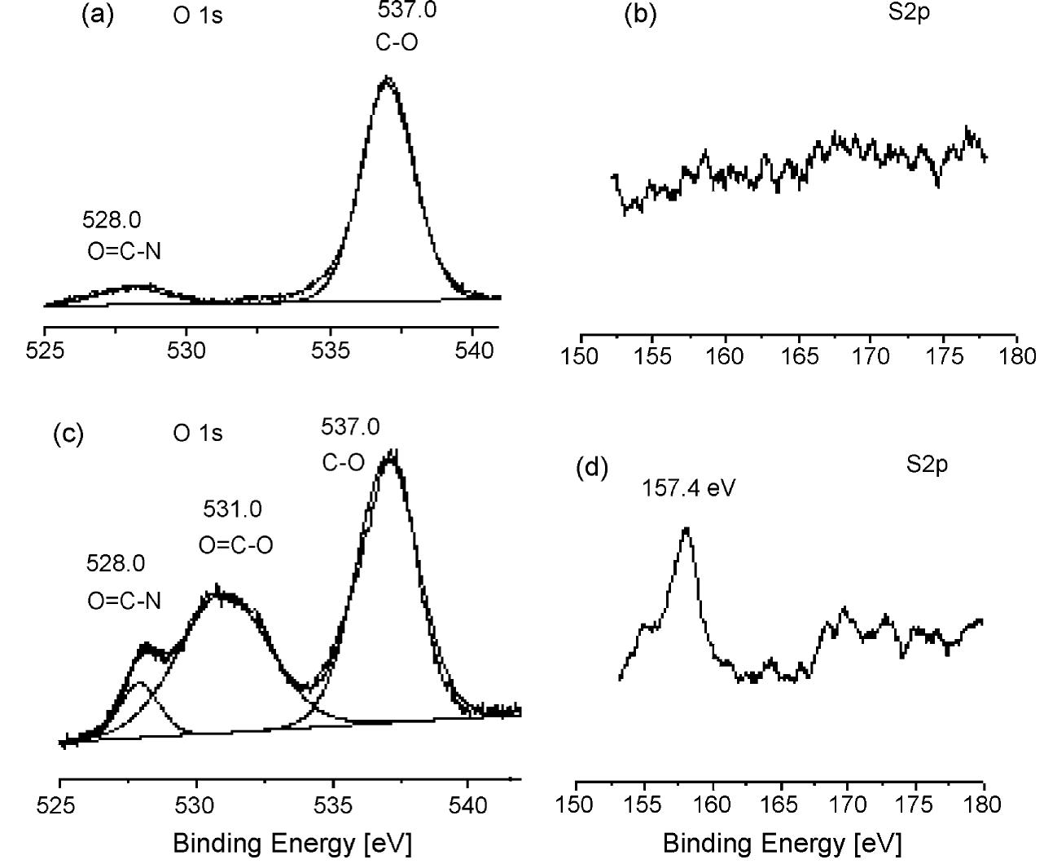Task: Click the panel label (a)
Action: (99, 15)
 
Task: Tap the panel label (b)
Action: (639, 15)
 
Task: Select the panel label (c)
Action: (68, 434)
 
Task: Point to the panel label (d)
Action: (592, 468)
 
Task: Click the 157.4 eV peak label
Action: (689, 488)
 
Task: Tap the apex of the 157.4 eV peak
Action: (686, 529)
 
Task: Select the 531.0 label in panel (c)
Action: (232, 509)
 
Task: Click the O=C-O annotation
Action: (236, 545)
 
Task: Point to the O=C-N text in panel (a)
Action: (124, 251)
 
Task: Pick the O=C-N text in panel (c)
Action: (124, 601)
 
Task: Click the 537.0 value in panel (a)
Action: (406, 11)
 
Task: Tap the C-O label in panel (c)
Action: (343, 463)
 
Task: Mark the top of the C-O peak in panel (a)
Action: (388, 79)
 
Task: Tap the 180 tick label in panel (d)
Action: (984, 805)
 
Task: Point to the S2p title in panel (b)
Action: (908, 14)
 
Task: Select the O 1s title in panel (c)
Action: (197, 433)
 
